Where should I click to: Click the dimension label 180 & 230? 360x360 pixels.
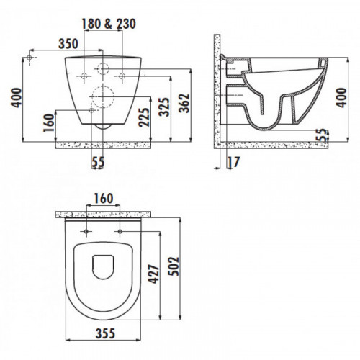point(109,24)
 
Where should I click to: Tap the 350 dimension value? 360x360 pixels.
point(68,44)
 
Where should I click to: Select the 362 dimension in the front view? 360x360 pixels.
point(185,103)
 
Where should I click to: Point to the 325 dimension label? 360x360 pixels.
point(165,107)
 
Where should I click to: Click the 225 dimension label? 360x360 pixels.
point(144,117)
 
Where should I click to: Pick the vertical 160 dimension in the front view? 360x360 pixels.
point(49,123)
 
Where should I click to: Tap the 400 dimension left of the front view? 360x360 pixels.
point(17,98)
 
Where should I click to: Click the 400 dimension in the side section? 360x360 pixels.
point(341,98)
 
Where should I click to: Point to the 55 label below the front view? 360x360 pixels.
point(98,162)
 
